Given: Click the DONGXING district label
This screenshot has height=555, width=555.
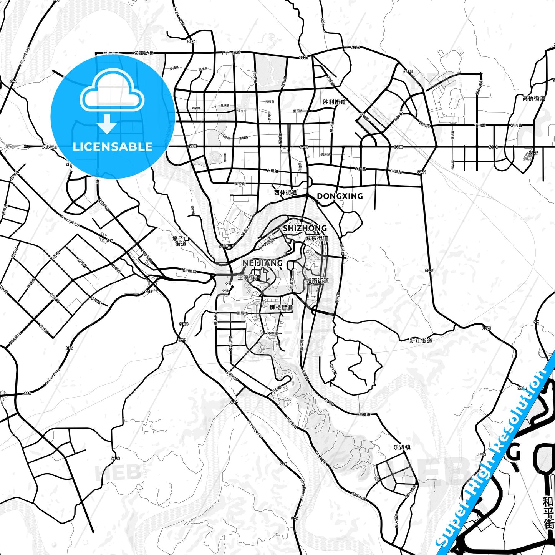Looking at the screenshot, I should (x=340, y=196).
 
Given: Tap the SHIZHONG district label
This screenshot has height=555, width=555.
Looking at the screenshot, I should (x=305, y=228).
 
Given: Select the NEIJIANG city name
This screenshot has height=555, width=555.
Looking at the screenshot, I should (x=263, y=263).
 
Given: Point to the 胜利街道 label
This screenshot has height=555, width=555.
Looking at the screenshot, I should (x=334, y=102).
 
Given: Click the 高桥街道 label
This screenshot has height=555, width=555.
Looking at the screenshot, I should (x=533, y=98).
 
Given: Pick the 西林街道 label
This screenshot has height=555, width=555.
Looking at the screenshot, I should (x=285, y=192).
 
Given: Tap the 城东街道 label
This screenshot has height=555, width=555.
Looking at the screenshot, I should (x=317, y=238).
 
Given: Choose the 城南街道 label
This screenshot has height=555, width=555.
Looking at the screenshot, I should (x=318, y=281).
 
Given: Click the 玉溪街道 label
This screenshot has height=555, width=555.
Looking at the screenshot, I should (x=249, y=277).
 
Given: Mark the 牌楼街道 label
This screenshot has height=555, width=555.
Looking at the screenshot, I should (x=281, y=307).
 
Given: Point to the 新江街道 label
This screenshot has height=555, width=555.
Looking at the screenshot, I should (x=421, y=340).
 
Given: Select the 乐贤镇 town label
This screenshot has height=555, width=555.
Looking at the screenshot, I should (x=402, y=447).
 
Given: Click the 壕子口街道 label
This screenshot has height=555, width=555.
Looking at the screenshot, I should (x=181, y=241).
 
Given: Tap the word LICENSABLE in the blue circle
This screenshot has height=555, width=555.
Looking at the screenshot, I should (x=113, y=146).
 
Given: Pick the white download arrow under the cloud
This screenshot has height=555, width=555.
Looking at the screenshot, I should (x=107, y=124).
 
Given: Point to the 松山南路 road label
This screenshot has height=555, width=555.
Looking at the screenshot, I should (x=188, y=271).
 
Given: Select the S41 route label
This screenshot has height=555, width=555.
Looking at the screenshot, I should (x=14, y=81).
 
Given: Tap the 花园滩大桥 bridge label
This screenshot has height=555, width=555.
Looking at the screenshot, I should (x=144, y=53).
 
